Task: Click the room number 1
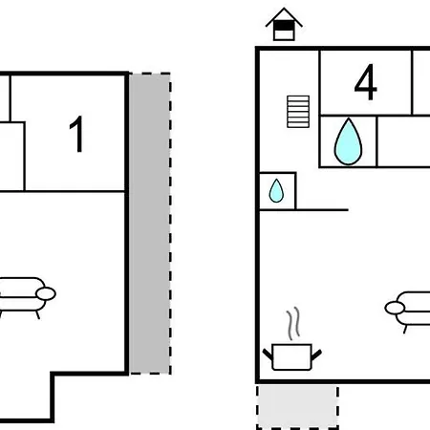[77, 134]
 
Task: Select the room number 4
[366, 82]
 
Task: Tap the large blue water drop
[348, 142]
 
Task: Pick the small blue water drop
[276, 191]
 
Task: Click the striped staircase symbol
[298, 112]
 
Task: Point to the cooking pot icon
[292, 356]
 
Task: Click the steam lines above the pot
[293, 323]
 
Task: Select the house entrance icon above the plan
[284, 25]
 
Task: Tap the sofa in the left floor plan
[27, 296]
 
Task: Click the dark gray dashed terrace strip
[150, 224]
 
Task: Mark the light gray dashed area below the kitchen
[297, 407]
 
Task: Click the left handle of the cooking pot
[268, 355]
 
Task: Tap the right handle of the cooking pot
[316, 355]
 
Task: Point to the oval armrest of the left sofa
[46, 293]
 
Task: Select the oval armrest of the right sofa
[395, 308]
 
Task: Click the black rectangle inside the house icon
[284, 26]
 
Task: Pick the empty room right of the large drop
[403, 141]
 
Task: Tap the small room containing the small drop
[277, 191]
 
